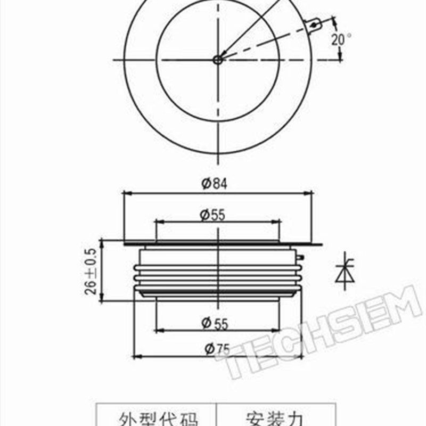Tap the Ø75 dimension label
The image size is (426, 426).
click(215, 349)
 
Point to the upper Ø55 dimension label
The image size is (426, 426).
click(212, 215)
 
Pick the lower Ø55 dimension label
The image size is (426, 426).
click(215, 323)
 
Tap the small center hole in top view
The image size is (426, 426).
click(217, 60)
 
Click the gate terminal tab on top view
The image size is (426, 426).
click(314, 24)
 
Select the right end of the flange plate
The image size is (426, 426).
click(320, 245)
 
